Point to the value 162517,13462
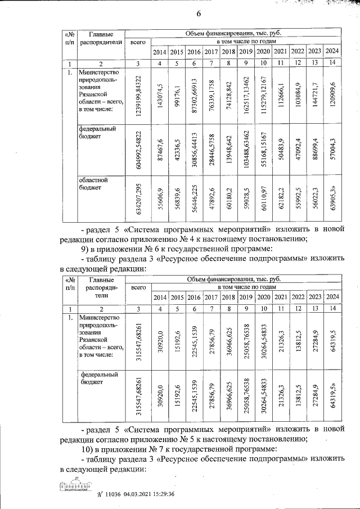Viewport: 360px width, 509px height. [x=245, y=95]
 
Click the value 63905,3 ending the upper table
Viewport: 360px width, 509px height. [x=333, y=201]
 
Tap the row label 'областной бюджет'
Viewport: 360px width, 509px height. [x=92, y=184]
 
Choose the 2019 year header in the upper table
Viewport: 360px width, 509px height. [x=245, y=52]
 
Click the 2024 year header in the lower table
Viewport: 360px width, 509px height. [x=333, y=297]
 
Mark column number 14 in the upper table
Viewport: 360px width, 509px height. [x=333, y=62]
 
